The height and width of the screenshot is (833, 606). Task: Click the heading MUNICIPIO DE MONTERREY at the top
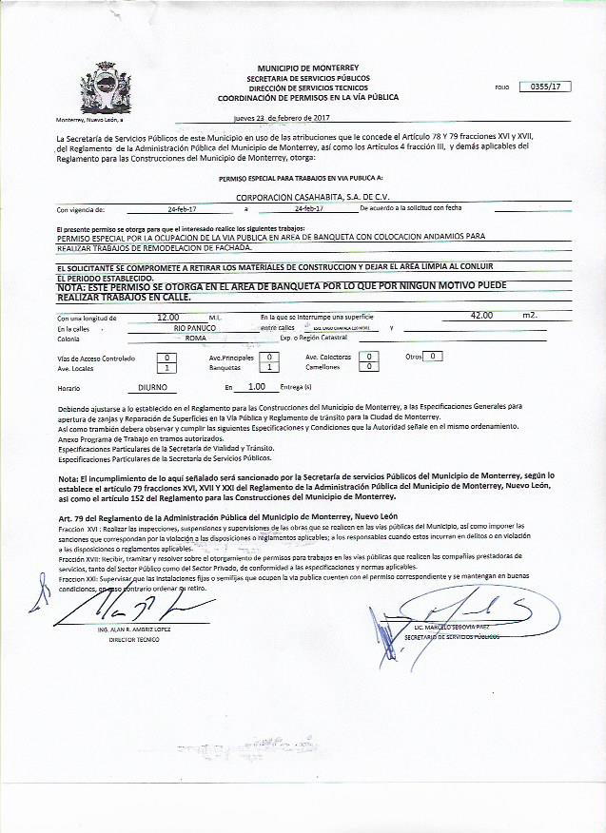307,69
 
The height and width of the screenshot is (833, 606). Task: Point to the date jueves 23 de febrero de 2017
282,118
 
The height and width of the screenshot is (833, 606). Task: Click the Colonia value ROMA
196,338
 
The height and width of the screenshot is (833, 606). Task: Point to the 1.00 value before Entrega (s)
256,388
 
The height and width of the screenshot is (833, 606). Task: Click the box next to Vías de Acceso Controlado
167,357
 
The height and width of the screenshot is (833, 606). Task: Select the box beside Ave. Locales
167,367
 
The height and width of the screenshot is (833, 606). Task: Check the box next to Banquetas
271,367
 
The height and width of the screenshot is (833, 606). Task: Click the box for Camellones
371,366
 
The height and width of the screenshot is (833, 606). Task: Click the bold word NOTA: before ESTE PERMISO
74,286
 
